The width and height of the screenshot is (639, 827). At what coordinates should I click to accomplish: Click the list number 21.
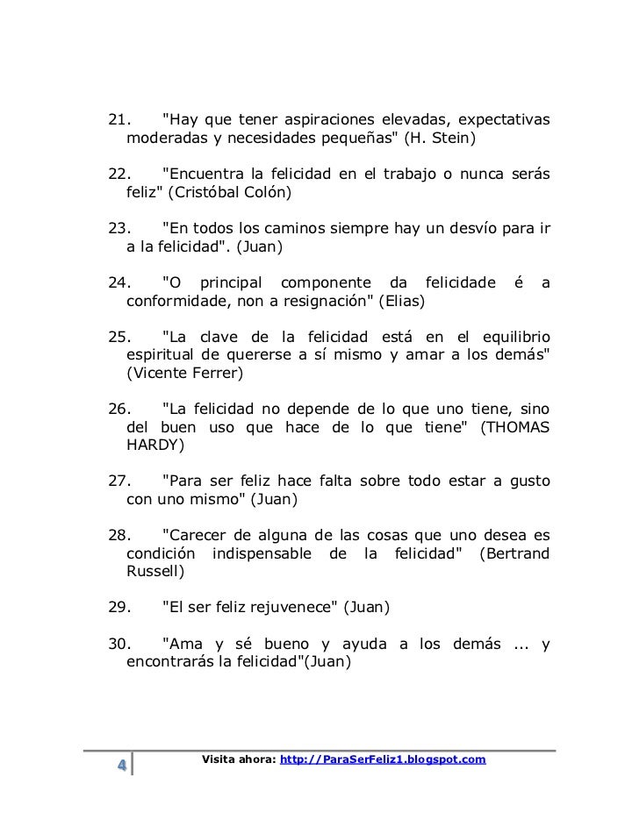coord(118,119)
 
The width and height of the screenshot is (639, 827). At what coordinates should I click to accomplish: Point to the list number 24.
coord(118,282)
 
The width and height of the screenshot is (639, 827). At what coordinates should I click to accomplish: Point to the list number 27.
coord(118,482)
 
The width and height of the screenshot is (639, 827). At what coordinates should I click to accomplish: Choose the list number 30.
coord(118,645)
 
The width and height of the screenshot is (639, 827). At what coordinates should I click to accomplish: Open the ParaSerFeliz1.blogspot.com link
coord(382,759)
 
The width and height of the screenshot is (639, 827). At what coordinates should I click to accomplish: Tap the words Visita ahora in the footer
coord(238,759)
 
